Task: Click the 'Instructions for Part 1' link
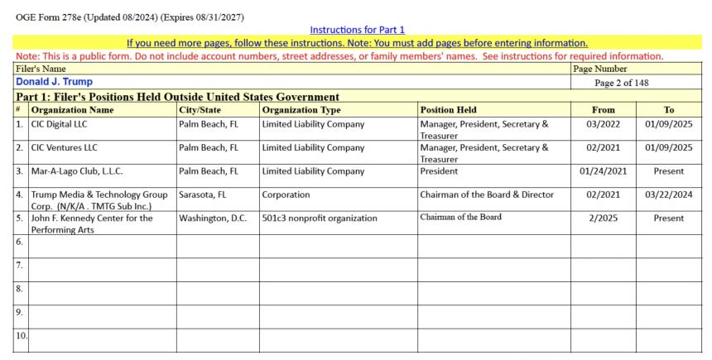pos(357,30)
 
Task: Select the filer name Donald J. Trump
pos(54,82)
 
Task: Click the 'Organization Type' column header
pos(301,109)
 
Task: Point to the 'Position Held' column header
pos(448,109)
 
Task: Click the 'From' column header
pos(603,109)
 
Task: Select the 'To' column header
pos(669,109)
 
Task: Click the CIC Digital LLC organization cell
pos(59,124)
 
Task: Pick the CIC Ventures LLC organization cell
pos(64,148)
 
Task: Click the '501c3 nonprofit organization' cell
pos(320,218)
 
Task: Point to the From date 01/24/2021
pos(603,171)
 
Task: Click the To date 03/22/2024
pos(669,195)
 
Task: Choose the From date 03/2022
pos(603,124)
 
